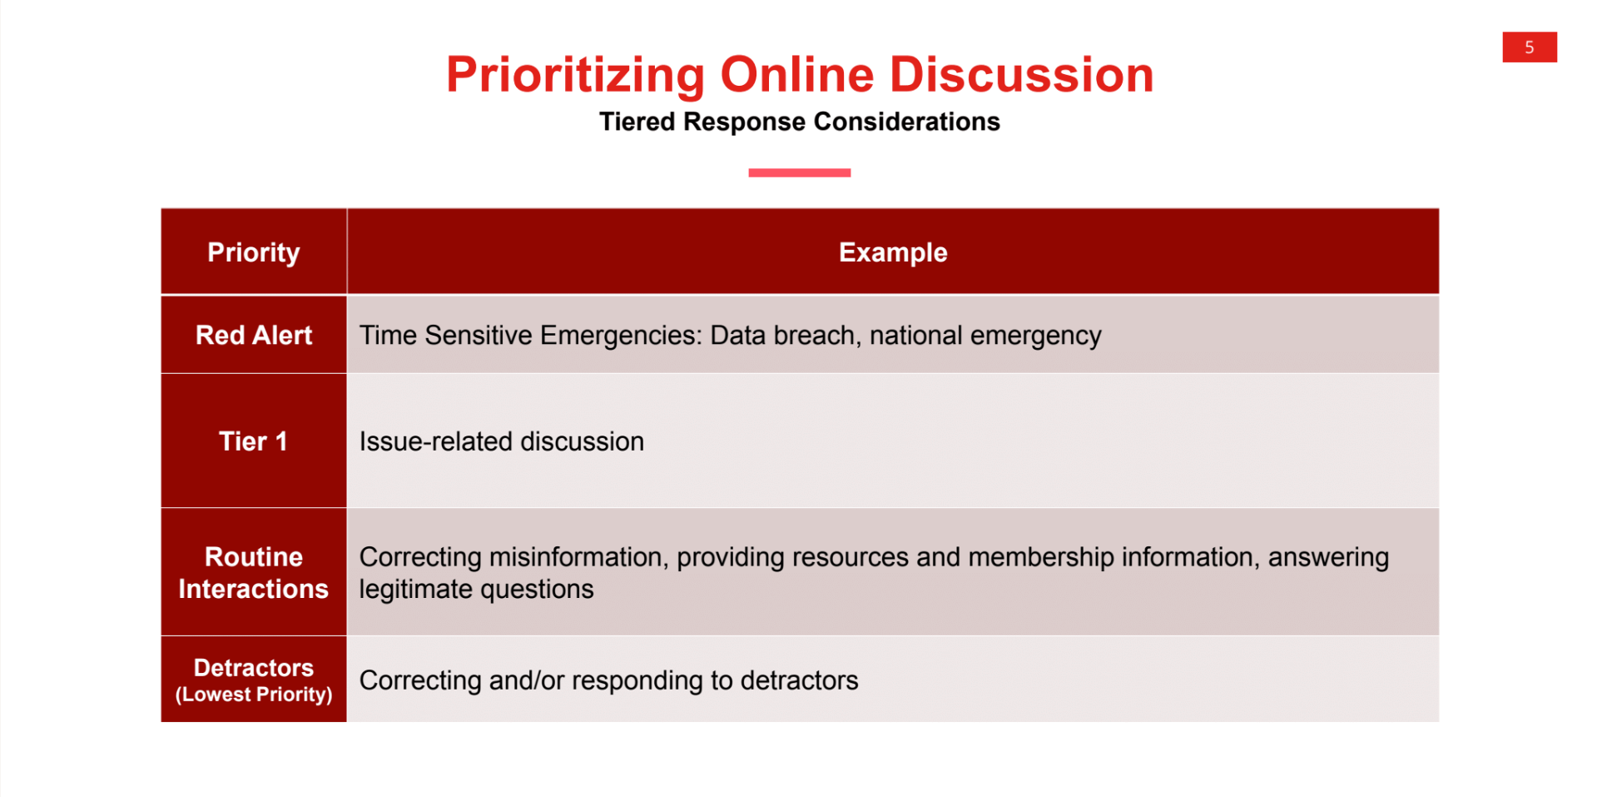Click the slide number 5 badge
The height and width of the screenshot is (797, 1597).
coord(1529,47)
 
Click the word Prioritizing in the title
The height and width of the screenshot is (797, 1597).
coord(575,75)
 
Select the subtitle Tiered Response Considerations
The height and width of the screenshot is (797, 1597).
coord(799,122)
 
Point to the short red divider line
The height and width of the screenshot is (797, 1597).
coord(799,172)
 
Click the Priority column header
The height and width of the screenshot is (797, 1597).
coord(253,252)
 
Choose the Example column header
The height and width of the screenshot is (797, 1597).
coord(892,252)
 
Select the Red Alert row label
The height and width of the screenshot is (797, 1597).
coord(253,335)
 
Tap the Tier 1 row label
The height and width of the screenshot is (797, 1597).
coord(253,441)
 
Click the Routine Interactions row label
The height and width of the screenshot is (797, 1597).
coord(253,573)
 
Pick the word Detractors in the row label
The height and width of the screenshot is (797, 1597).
coord(253,668)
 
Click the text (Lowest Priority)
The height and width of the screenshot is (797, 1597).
coord(253,695)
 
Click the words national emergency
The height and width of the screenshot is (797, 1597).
coord(985,335)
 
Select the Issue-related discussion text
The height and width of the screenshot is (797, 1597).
coord(501,441)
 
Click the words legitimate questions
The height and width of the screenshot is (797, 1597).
coord(476,590)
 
